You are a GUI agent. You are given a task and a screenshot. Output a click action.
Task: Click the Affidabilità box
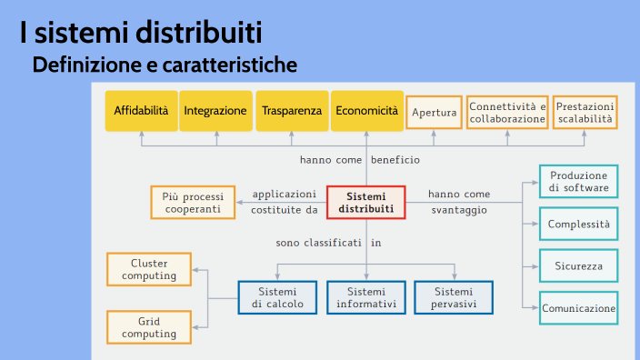coord(141,111)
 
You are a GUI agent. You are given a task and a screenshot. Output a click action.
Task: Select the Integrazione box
coord(215,111)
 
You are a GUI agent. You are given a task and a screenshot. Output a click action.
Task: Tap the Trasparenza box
coord(292,111)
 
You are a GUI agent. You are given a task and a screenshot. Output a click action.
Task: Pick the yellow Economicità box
coord(366,111)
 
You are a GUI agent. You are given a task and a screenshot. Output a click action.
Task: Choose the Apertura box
coord(434,113)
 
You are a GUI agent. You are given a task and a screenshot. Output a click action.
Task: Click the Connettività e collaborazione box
coord(507,113)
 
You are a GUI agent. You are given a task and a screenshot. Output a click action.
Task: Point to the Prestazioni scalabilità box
coord(585,113)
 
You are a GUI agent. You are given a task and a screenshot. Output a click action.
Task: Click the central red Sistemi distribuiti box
coord(366,203)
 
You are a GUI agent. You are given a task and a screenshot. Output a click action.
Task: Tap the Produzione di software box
coord(579,182)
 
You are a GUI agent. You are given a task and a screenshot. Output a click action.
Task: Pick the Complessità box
coord(579,224)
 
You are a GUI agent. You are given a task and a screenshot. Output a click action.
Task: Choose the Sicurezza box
coord(579,265)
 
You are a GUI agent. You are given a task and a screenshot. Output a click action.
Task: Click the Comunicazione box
coord(579,308)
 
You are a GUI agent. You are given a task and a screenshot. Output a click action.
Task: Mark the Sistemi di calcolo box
coord(277,297)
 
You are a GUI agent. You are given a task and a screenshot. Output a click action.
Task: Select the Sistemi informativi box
coord(366,297)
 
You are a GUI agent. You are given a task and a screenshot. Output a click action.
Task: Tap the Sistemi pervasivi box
coord(453,297)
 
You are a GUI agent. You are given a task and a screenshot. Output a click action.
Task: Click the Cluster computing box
coord(149,269)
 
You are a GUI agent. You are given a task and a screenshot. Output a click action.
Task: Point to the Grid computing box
coord(149,327)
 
